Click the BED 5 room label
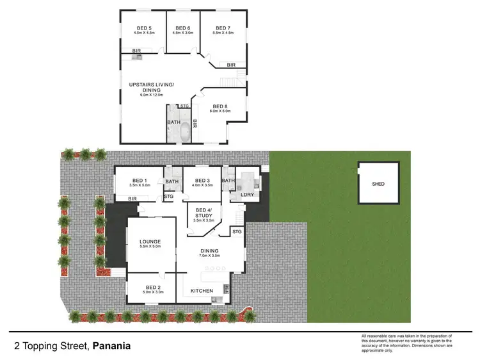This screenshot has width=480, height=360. pyautogui.click(x=145, y=28)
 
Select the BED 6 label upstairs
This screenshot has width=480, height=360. pyautogui.click(x=183, y=28)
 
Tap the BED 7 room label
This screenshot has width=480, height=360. pyautogui.click(x=222, y=28)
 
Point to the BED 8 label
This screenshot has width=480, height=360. pyautogui.click(x=220, y=106)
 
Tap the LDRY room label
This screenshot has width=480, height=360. pyautogui.click(x=247, y=193)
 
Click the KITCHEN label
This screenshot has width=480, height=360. pyautogui.click(x=202, y=291)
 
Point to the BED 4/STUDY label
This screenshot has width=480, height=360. pyautogui.click(x=204, y=213)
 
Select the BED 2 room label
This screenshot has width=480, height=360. pyautogui.click(x=152, y=288)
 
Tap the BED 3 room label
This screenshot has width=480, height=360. pyautogui.click(x=202, y=181)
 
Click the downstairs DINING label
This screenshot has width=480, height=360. pyautogui.click(x=209, y=250)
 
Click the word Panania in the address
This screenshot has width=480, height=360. pyautogui.click(x=111, y=346)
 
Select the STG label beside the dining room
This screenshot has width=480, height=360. pyautogui.click(x=236, y=231)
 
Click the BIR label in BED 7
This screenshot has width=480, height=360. pyautogui.click(x=231, y=65)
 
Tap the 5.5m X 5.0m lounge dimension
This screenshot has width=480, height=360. pyautogui.click(x=150, y=247)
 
